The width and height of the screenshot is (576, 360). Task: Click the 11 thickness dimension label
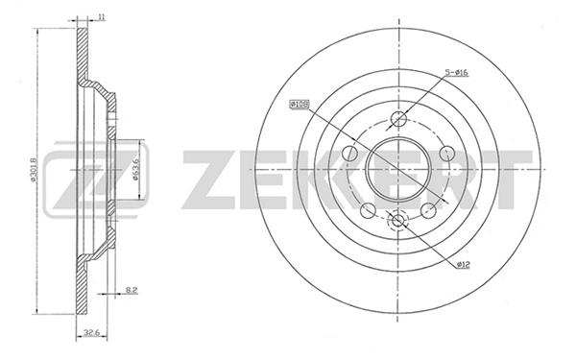pos(102,16)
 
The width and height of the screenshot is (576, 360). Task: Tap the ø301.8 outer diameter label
pos(32,169)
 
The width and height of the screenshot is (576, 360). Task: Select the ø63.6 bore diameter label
pos(134,169)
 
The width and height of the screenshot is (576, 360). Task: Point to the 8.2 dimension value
pos(132,290)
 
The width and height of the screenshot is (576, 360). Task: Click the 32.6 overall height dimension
pos(90,333)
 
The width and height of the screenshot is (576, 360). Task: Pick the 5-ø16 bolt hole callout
pos(456,72)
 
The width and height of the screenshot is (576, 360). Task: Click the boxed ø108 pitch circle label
pos(299,105)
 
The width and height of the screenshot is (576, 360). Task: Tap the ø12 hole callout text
pos(464,265)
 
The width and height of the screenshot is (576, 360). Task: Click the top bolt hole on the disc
pos(398,118)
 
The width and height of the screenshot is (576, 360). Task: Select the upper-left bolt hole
pos(349,154)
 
